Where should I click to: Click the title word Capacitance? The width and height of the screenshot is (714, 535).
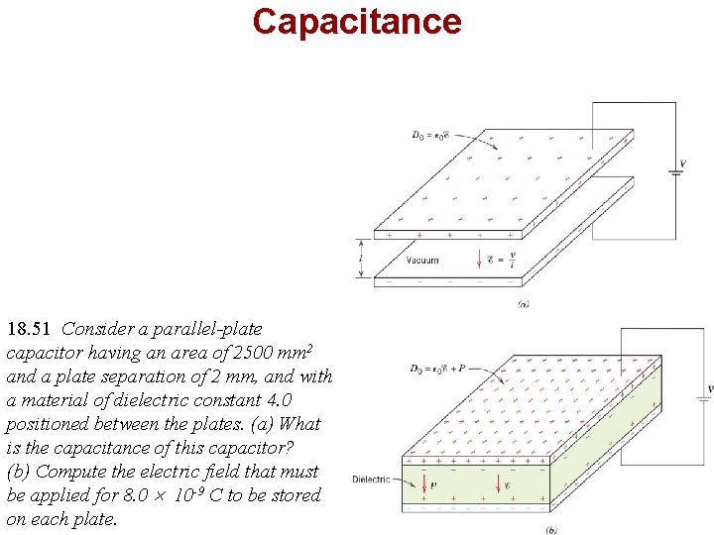356,21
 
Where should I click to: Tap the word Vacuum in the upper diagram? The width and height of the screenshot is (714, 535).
422,261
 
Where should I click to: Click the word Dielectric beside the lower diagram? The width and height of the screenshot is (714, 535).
371,480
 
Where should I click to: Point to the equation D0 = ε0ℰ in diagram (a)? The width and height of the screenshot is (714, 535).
434,135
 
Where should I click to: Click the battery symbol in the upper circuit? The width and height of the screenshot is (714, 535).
675,171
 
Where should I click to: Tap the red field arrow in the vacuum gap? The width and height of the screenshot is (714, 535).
479,261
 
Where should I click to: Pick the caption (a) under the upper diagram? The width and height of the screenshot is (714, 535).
524,303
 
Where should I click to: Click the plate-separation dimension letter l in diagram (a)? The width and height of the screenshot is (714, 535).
361,261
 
